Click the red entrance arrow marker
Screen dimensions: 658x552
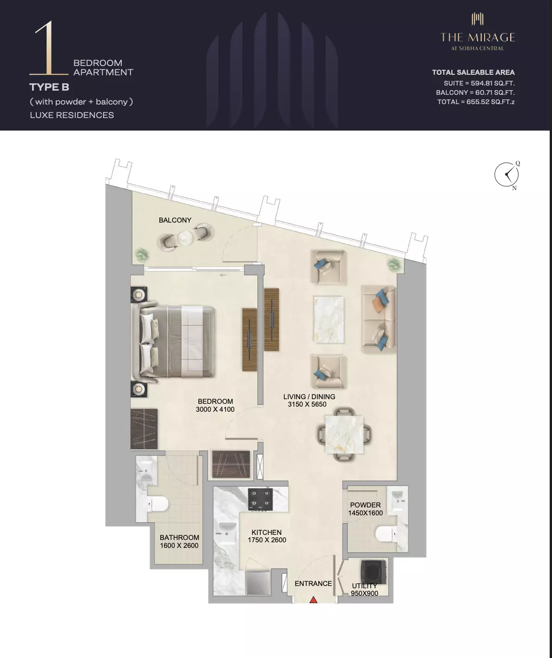coord(314,599)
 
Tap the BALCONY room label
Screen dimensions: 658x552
coord(175,220)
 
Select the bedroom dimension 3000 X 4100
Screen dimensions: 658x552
coord(215,409)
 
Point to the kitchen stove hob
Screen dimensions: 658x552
coord(260,499)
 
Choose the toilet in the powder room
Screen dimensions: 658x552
coord(384,534)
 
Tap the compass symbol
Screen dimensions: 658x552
coord(506,175)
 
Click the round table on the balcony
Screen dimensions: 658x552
coord(186,237)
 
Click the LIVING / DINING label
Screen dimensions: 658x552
coord(309,397)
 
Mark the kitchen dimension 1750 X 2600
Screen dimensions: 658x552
coord(267,540)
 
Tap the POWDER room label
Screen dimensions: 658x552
coord(365,505)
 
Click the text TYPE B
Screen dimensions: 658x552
coord(49,87)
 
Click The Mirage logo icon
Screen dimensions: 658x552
coord(478,19)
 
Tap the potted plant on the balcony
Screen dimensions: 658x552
coord(142,254)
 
